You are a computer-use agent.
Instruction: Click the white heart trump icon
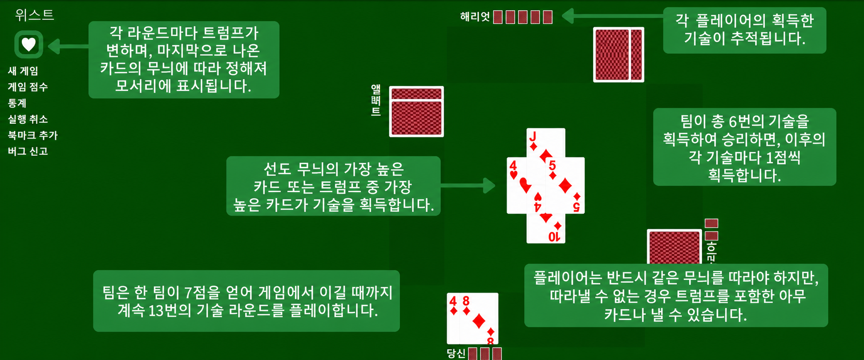[28, 44]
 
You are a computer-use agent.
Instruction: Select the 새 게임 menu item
[23, 71]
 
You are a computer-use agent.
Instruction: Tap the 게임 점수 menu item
[28, 87]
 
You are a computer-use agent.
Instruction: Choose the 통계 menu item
[17, 103]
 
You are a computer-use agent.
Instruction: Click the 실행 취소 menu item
[28, 119]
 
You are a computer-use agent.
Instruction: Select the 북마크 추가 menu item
[33, 135]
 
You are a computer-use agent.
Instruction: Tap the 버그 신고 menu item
[28, 151]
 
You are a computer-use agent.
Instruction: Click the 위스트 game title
[34, 15]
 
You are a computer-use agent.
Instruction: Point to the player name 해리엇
[475, 17]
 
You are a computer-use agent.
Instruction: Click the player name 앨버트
[376, 100]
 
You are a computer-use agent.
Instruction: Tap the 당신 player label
[456, 353]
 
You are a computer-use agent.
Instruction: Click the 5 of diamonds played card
[565, 186]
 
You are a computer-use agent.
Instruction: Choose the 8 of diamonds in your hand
[479, 319]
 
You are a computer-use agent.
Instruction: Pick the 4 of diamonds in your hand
[453, 319]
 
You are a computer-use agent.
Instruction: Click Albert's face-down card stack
[416, 112]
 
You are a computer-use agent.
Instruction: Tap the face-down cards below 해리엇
[618, 55]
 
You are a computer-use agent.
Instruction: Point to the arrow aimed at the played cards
[468, 186]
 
